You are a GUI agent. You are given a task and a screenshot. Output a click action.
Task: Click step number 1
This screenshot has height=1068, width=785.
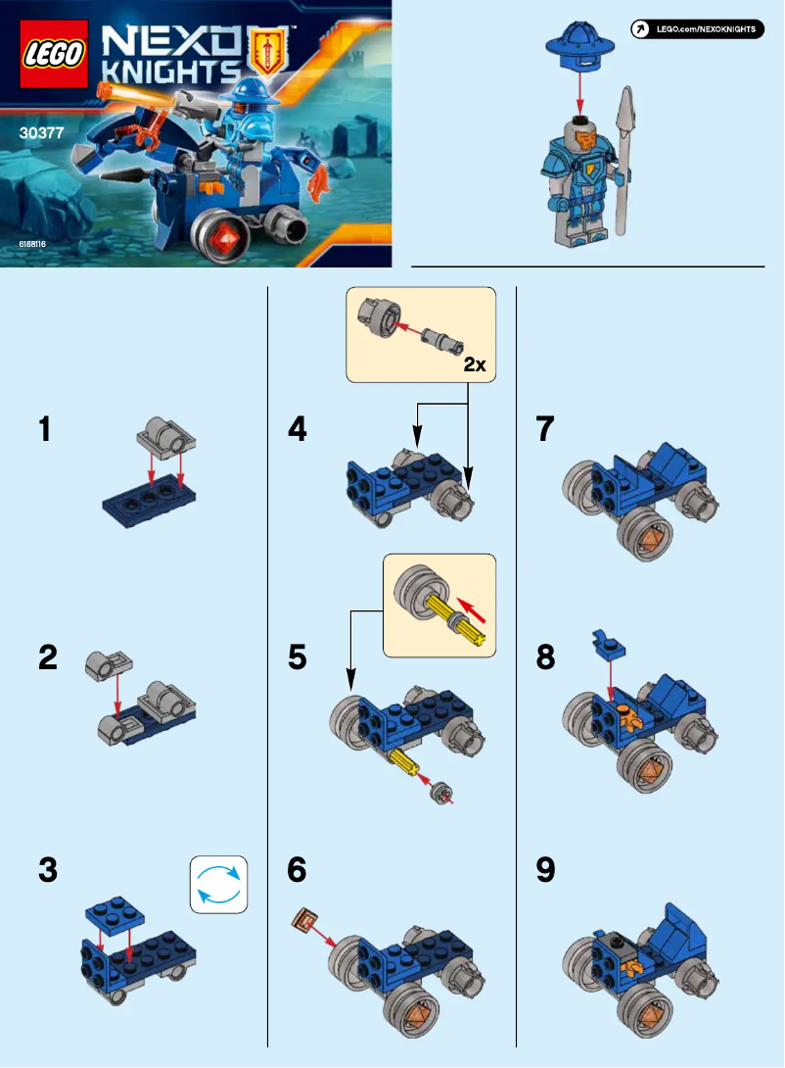click(43, 429)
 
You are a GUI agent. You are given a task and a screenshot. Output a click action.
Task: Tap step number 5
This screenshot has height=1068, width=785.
click(298, 657)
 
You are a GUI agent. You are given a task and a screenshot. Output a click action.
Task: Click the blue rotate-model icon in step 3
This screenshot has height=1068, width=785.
click(218, 884)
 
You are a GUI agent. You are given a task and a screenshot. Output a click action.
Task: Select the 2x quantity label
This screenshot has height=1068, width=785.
click(474, 364)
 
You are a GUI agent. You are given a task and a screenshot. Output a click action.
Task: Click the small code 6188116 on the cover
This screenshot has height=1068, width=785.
click(31, 242)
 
